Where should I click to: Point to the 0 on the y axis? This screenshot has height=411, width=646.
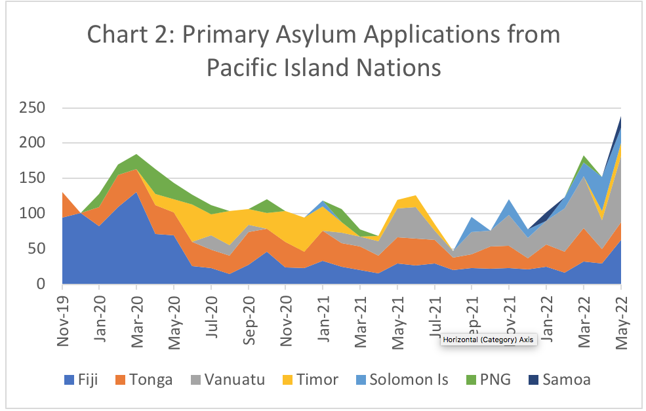pos(49,284)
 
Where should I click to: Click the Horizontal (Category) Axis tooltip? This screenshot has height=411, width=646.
pos(489,340)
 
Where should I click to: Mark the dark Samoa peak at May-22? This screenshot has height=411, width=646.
pos(620,122)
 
